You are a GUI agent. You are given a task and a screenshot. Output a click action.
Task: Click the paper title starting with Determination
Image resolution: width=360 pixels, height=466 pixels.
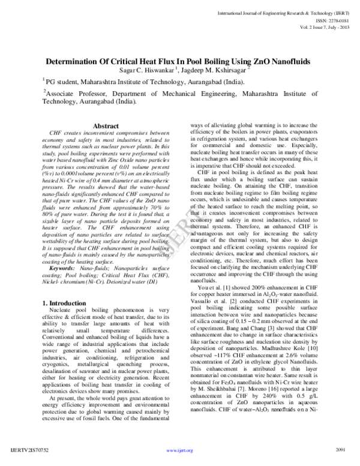pos(180,61)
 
